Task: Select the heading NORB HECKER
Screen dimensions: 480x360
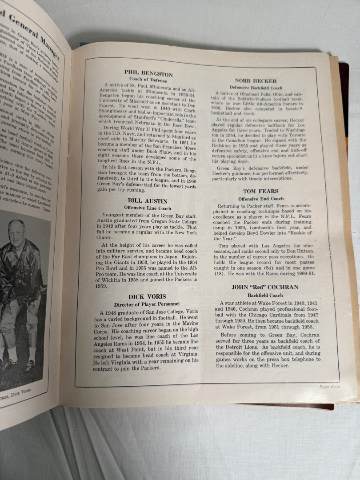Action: click(x=259, y=81)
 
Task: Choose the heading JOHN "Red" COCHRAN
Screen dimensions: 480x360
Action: click(x=258, y=287)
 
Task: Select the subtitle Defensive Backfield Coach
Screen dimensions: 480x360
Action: click(x=259, y=88)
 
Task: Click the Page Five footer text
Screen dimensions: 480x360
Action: click(x=329, y=387)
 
